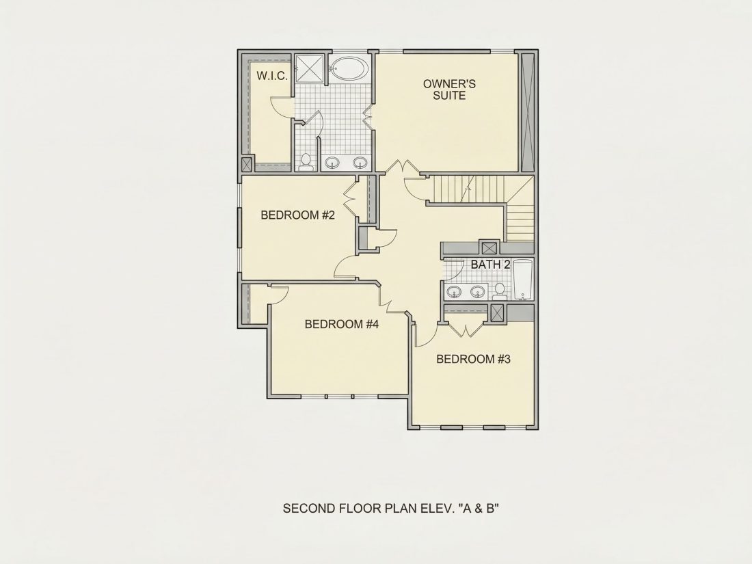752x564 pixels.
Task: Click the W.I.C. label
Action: tap(272, 76)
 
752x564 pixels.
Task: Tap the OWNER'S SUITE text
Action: tap(449, 90)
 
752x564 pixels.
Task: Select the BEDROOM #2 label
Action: tap(297, 215)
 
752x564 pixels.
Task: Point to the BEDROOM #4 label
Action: tap(341, 324)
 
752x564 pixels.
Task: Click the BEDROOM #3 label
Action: tap(473, 359)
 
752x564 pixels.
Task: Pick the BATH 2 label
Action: tap(490, 265)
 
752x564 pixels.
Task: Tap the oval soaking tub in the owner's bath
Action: tap(349, 68)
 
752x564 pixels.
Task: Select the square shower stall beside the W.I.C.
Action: tap(309, 69)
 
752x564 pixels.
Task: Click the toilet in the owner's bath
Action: tap(306, 162)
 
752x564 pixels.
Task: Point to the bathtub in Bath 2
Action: tap(522, 280)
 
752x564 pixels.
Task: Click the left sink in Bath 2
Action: tap(453, 291)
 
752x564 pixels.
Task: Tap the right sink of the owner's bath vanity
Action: tap(360, 163)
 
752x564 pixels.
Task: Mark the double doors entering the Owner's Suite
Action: tap(403, 167)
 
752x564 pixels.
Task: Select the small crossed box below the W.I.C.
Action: tap(247, 165)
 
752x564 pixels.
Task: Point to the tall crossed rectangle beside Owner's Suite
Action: tap(527, 111)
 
